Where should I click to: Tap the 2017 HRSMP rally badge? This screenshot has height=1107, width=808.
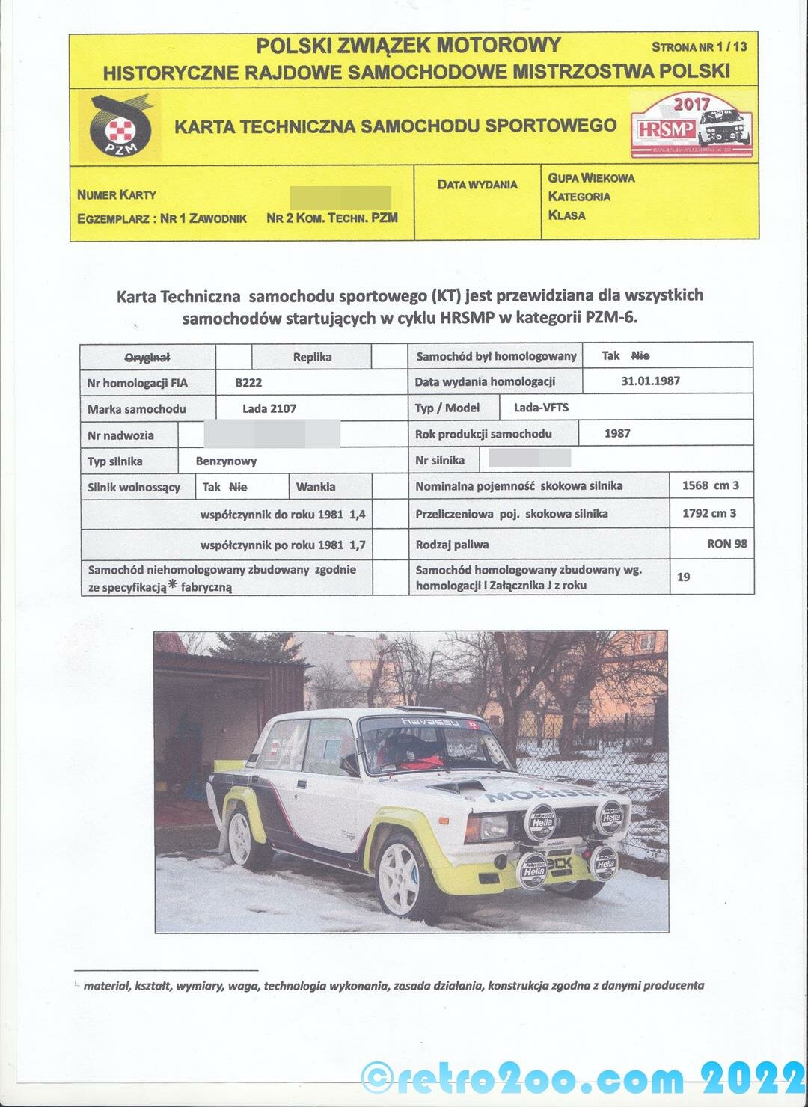click(x=691, y=126)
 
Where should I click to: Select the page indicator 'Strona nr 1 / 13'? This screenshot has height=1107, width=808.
click(x=699, y=46)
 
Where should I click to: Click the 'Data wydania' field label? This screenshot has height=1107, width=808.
click(x=477, y=184)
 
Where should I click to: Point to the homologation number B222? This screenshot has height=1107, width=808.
click(x=248, y=382)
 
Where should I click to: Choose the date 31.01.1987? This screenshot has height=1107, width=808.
click(x=650, y=381)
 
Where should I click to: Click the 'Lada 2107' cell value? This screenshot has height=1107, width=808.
click(x=269, y=408)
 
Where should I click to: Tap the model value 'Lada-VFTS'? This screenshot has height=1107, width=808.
click(x=541, y=407)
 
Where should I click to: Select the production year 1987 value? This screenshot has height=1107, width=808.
click(x=617, y=433)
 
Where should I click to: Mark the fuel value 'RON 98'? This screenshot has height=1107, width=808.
click(x=726, y=544)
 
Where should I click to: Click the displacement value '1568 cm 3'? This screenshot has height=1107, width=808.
click(x=710, y=485)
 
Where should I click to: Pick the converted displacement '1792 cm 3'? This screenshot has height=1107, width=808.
click(x=709, y=513)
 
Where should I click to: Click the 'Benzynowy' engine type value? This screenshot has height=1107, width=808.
click(x=226, y=461)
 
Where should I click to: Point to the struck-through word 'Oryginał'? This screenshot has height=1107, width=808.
click(x=147, y=357)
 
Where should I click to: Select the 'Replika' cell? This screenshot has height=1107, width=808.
click(x=312, y=357)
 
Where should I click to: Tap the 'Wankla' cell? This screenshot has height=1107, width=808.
click(x=316, y=487)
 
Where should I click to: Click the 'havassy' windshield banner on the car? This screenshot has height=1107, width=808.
click(x=423, y=722)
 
